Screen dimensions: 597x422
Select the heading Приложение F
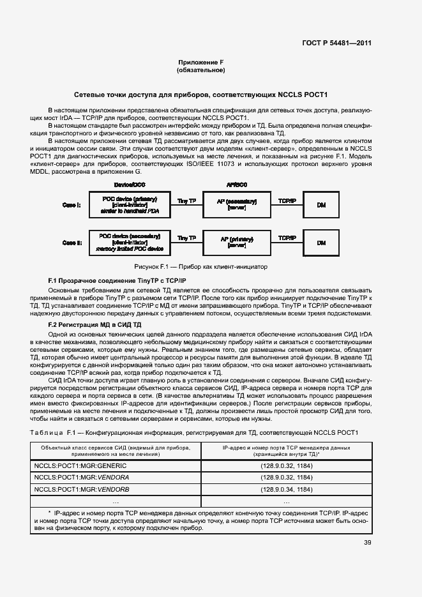200,62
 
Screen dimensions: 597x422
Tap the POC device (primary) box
130,205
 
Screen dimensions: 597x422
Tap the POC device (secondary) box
130,243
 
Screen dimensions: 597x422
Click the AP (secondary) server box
236,205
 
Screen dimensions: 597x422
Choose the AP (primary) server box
236,243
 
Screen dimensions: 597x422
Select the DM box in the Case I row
321,205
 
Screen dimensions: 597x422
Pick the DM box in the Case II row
321,243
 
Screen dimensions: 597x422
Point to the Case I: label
71,205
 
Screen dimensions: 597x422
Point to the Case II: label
71,243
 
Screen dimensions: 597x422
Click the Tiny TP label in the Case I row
186,200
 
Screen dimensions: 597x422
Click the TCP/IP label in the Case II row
287,238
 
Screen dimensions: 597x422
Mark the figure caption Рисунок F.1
200,266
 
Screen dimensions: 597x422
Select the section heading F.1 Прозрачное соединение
117,281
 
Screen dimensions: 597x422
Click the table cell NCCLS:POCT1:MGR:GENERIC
80,465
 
